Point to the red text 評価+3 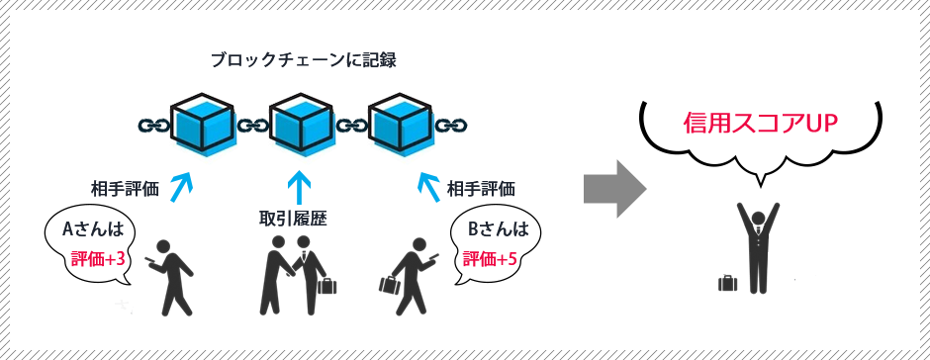(98, 260)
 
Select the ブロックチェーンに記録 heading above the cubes (304, 59)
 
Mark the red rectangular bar (760, 123)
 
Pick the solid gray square (614, 188)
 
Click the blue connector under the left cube (181, 188)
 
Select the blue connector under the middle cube (299, 187)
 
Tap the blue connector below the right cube (428, 188)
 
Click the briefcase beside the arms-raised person (728, 283)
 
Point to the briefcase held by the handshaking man (326, 286)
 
